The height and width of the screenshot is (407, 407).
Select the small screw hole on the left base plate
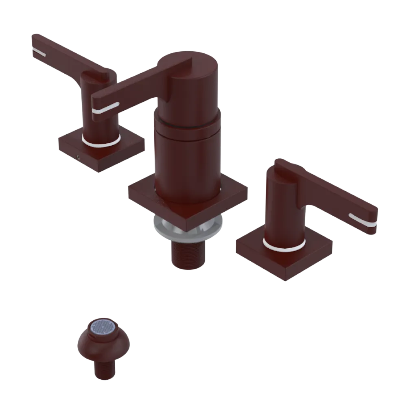[78, 156]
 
